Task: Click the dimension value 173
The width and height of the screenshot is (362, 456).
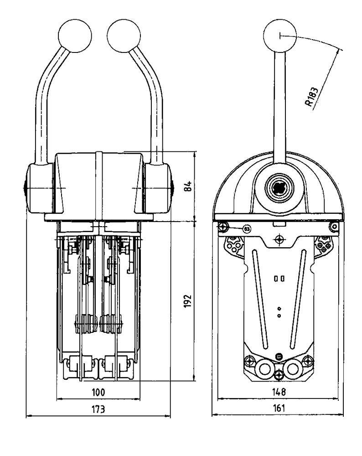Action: pyautogui.click(x=98, y=409)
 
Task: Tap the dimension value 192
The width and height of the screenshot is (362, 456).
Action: pyautogui.click(x=188, y=301)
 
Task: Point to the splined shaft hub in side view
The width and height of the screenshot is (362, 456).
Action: pyautogui.click(x=278, y=187)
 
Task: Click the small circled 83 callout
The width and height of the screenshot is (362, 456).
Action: pyautogui.click(x=247, y=228)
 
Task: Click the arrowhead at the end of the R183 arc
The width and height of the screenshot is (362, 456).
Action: pyautogui.click(x=340, y=49)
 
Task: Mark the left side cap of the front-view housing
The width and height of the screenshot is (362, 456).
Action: pyautogui.click(x=40, y=188)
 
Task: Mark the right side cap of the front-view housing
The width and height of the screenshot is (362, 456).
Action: pyautogui.click(x=157, y=188)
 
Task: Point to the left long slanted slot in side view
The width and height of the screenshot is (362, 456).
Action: pyautogui.click(x=259, y=299)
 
